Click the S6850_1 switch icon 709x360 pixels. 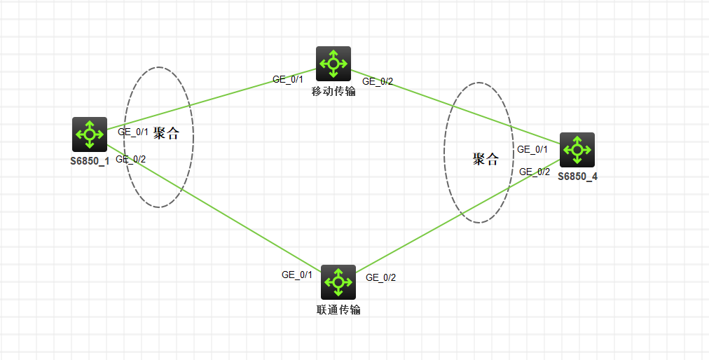(x=90, y=134)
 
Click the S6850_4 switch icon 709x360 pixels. (x=577, y=149)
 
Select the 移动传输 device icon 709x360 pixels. (x=333, y=64)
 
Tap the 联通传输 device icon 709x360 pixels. (x=338, y=282)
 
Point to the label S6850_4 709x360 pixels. (x=577, y=176)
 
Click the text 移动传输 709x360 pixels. (x=333, y=92)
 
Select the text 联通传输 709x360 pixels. (x=338, y=310)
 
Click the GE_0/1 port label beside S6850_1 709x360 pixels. (x=132, y=131)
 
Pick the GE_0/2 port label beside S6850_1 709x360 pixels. (x=130, y=159)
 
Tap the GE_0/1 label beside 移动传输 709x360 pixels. (x=287, y=79)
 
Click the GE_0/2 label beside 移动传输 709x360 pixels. (x=378, y=82)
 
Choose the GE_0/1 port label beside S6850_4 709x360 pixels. (x=532, y=149)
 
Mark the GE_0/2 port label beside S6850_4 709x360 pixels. (x=535, y=172)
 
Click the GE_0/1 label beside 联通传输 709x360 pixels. (x=297, y=275)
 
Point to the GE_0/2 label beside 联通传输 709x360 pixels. (x=381, y=277)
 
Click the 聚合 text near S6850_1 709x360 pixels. (x=166, y=134)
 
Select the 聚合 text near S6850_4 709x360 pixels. (x=486, y=159)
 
